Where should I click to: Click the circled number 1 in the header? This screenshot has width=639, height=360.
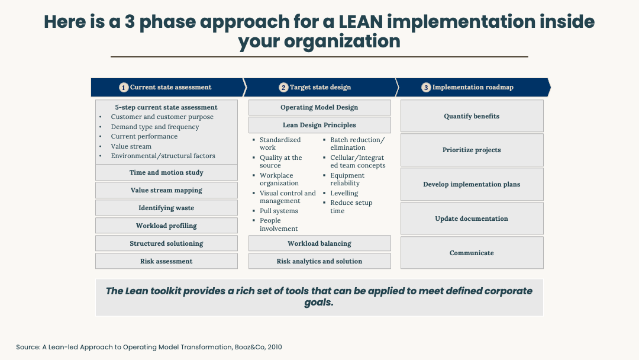pyautogui.click(x=124, y=88)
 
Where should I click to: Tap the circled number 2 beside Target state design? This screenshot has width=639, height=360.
pyautogui.click(x=283, y=88)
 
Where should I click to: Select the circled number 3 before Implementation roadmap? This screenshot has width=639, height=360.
pyautogui.click(x=426, y=88)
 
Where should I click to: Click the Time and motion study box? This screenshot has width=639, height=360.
pyautogui.click(x=166, y=172)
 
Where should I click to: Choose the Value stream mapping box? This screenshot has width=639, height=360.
pyautogui.click(x=166, y=190)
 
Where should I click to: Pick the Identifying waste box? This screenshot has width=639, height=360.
pyautogui.click(x=166, y=208)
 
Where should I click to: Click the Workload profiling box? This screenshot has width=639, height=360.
pyautogui.click(x=166, y=226)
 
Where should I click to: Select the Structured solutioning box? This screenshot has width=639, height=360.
pyautogui.click(x=166, y=243)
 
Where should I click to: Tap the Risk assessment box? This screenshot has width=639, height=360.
pyautogui.click(x=166, y=261)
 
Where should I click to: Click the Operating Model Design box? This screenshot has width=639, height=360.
pyautogui.click(x=319, y=108)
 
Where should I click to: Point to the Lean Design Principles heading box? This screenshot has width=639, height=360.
pyautogui.click(x=319, y=125)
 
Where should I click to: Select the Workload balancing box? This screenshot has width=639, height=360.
pyautogui.click(x=319, y=243)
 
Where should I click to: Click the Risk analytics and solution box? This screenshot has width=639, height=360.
pyautogui.click(x=319, y=261)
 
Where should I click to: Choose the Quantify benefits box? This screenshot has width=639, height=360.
pyautogui.click(x=472, y=116)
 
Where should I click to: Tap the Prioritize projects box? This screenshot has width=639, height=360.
pyautogui.click(x=472, y=150)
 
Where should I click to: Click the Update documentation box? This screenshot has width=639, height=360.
pyautogui.click(x=472, y=218)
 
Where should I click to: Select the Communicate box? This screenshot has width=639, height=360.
pyautogui.click(x=472, y=253)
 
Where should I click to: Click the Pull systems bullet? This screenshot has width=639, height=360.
pyautogui.click(x=279, y=211)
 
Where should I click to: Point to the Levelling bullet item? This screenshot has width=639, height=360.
pyautogui.click(x=344, y=193)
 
